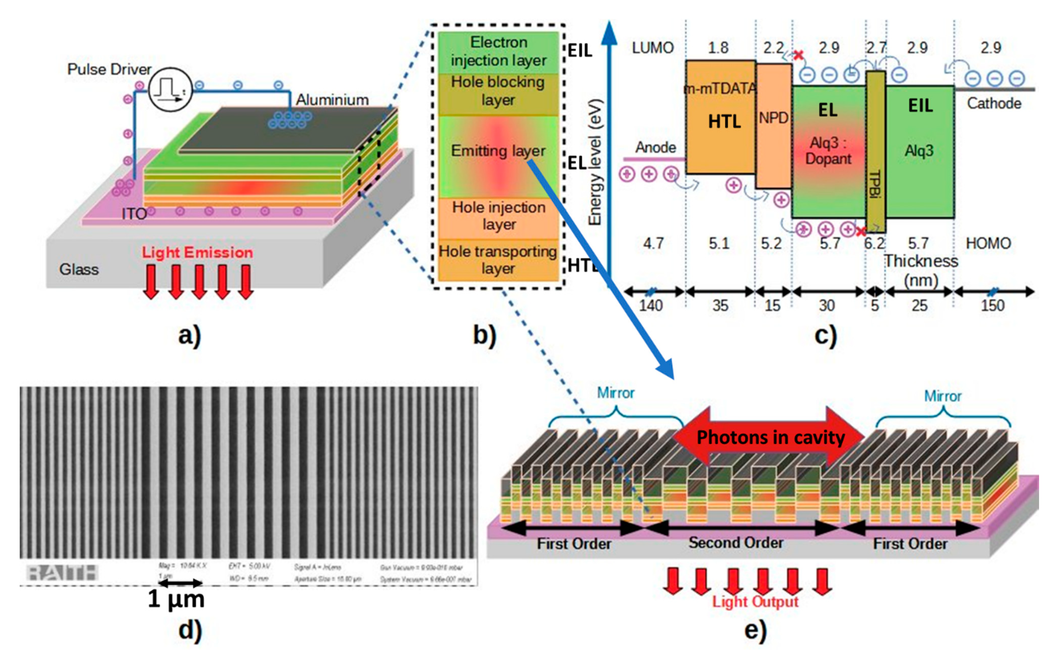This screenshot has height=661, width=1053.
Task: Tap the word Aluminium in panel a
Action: [x=332, y=100]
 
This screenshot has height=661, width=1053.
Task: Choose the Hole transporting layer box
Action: [x=498, y=260]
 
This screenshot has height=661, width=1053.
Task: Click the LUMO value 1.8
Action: [x=718, y=47]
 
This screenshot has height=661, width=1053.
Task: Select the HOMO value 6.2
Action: [x=874, y=243]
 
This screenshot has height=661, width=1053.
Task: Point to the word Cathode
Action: [x=993, y=104]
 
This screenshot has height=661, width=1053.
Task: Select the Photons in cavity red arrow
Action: [x=769, y=437]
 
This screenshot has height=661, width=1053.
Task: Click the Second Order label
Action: [x=736, y=542]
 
